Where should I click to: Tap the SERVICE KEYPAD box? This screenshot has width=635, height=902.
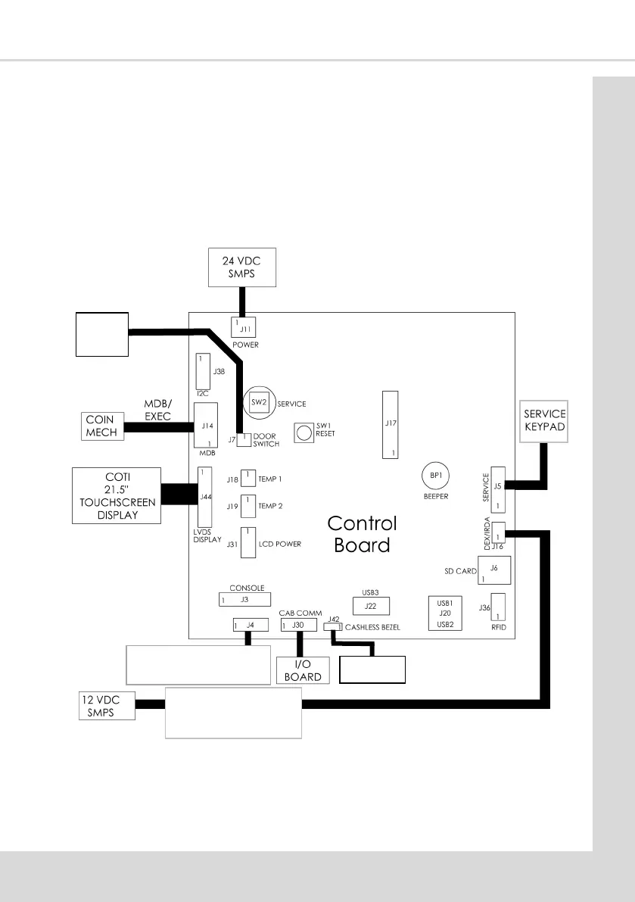tap(544, 420)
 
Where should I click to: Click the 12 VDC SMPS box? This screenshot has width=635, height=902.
tap(107, 705)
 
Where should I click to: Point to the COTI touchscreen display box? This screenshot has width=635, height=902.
tap(117, 495)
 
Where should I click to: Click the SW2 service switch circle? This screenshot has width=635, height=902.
tap(259, 402)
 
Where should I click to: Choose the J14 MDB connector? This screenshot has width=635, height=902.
tap(204, 426)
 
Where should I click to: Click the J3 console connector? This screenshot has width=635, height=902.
tap(244, 599)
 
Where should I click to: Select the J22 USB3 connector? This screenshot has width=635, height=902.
tap(371, 605)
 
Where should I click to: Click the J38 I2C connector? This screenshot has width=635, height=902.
tap(203, 371)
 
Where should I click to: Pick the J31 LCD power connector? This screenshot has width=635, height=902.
tap(247, 542)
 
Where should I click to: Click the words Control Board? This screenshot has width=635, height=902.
tap(363, 534)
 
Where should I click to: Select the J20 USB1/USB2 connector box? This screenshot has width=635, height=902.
tap(445, 613)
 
